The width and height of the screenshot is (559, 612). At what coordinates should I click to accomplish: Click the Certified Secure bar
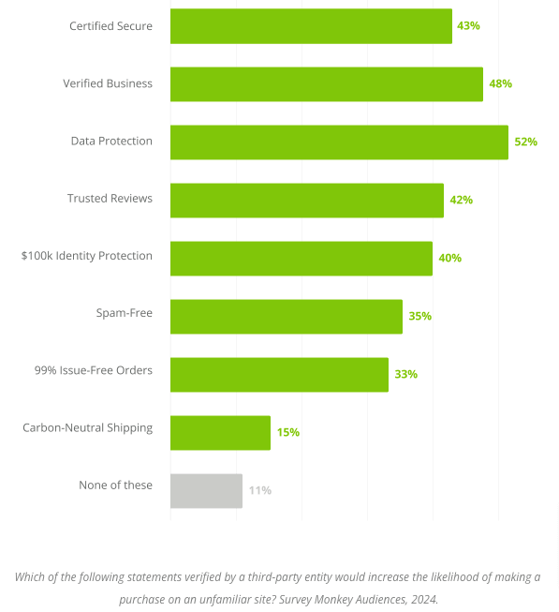311,26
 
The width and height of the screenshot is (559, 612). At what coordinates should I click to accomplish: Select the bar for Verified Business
326,84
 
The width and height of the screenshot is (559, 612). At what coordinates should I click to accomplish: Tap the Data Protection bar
339,142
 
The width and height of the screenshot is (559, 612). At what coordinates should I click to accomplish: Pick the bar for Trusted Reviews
306,201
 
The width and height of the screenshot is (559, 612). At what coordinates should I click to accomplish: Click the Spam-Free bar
286,317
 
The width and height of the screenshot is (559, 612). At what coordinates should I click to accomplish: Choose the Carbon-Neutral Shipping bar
220,433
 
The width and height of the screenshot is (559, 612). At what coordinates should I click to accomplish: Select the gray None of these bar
206,491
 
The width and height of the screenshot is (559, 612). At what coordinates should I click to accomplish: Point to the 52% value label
525,142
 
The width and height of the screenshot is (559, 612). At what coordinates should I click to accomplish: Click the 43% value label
468,26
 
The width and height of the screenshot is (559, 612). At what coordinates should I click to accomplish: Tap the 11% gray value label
259,491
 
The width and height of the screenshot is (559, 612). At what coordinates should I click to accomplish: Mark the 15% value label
287,433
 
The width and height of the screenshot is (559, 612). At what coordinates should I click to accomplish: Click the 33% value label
405,375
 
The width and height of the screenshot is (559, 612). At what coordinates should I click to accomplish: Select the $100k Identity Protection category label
86,256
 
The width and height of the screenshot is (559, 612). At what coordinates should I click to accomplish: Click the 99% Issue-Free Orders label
93,371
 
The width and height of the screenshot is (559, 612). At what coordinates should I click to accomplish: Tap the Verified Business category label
107,83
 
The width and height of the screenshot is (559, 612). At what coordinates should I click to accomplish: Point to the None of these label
115,485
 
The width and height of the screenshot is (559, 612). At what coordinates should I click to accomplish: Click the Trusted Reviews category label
109,199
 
